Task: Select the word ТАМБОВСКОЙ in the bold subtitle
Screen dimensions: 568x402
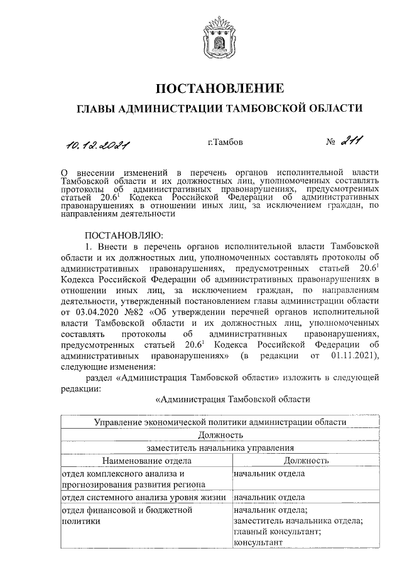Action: pyautogui.click(x=269, y=109)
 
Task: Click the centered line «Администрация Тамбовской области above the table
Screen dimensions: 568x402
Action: pyautogui.click(x=232, y=399)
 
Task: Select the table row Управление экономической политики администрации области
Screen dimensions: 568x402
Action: pyautogui.click(x=220, y=423)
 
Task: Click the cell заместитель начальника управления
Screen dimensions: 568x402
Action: pyautogui.click(x=220, y=448)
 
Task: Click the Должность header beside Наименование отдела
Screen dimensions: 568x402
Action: pyautogui.click(x=306, y=461)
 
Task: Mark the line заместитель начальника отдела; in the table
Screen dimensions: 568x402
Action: pyautogui.click(x=296, y=521)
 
